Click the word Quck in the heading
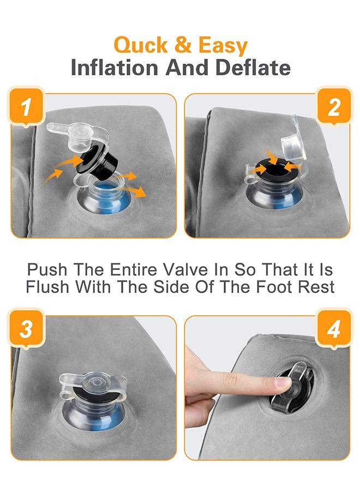tap(141, 46)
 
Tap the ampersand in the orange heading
tap(183, 45)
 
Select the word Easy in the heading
tap(223, 46)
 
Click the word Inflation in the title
tap(115, 68)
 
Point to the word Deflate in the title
tap(253, 68)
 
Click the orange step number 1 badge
tap(26, 106)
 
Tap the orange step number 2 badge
tap(334, 106)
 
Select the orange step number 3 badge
tap(26, 328)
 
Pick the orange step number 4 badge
tap(334, 328)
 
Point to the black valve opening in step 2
tap(274, 170)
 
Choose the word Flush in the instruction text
tap(47, 286)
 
